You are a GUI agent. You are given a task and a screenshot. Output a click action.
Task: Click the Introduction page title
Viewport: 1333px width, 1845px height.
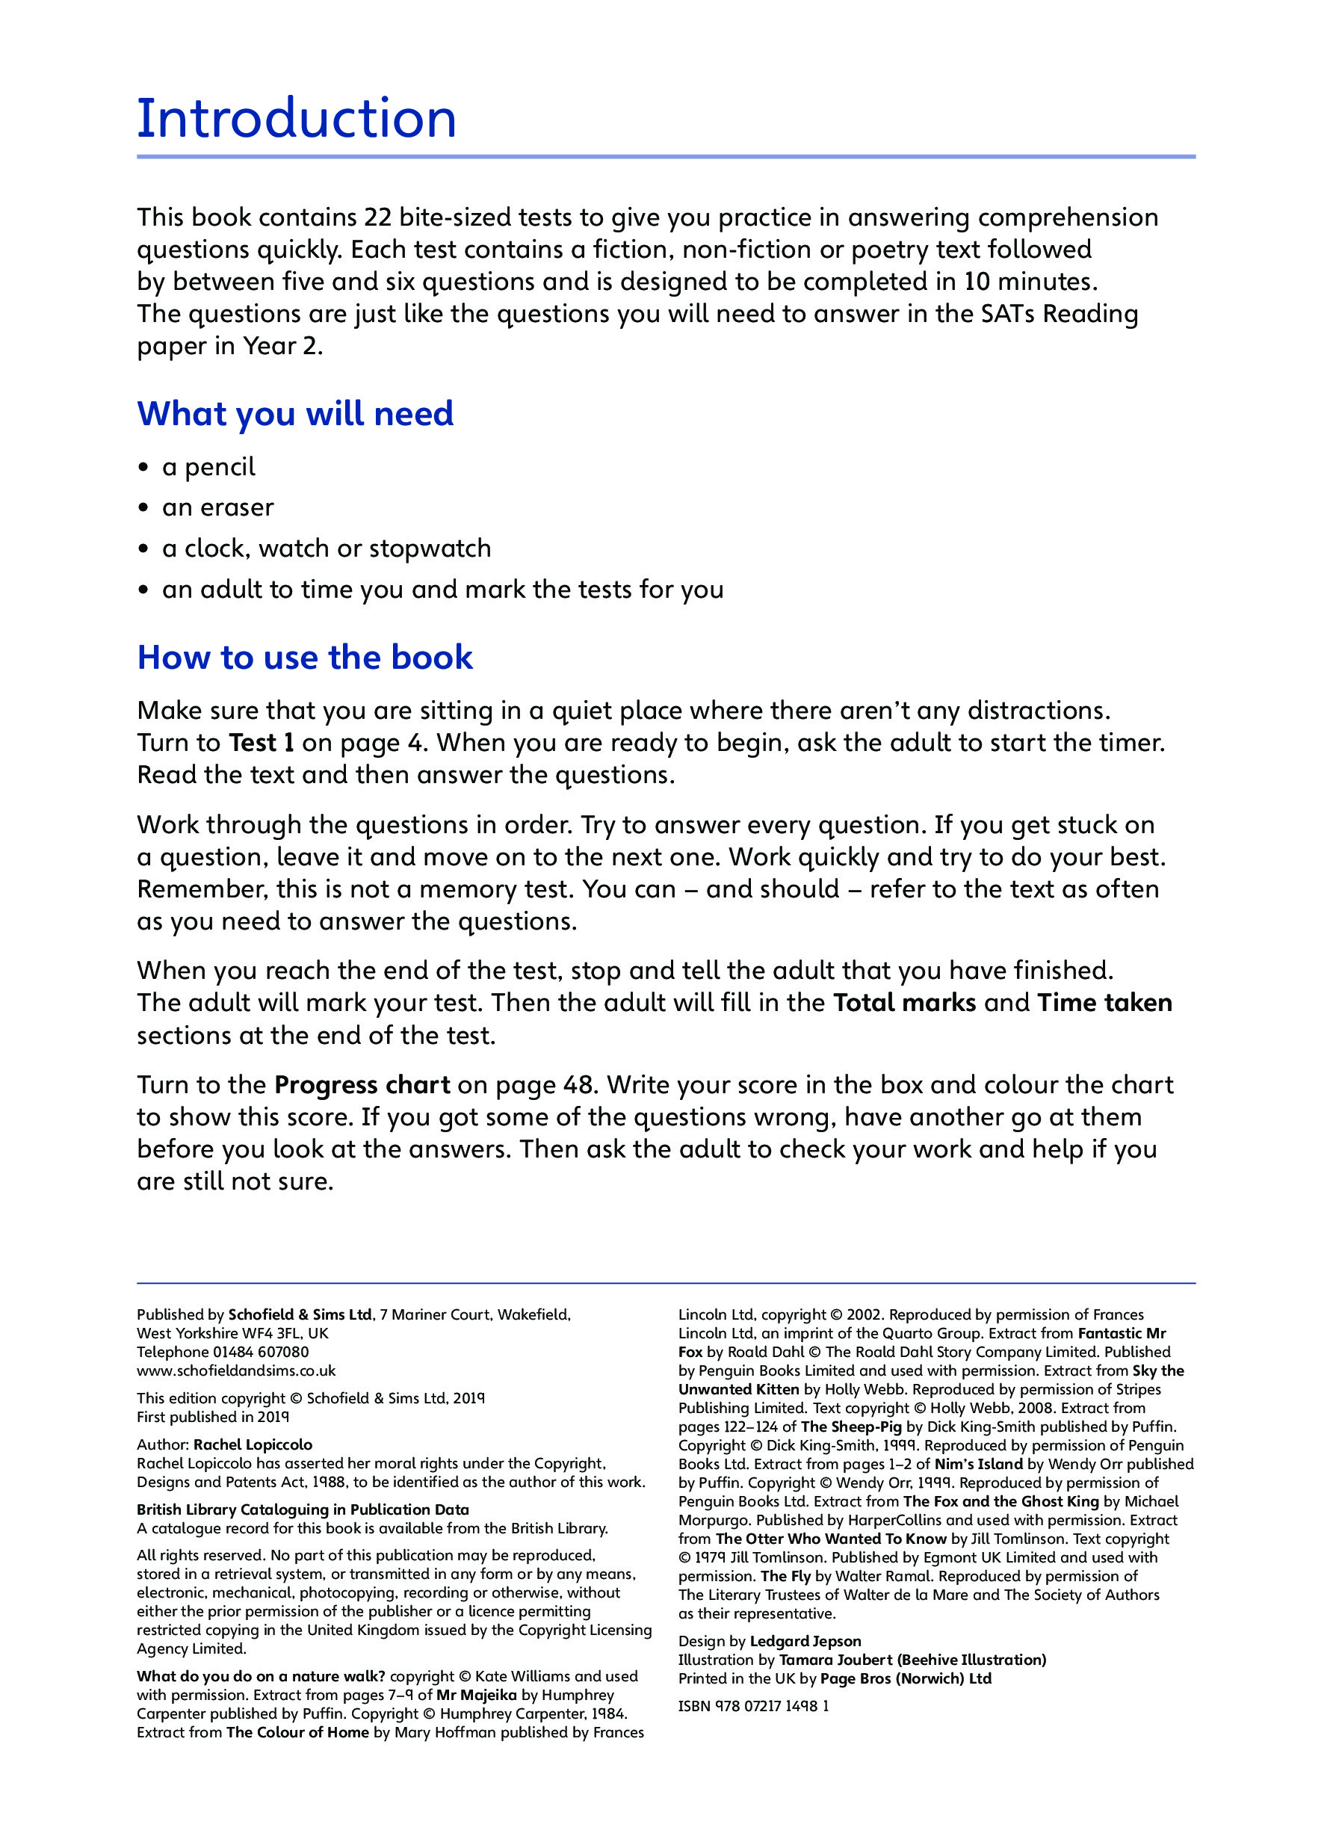click(x=296, y=119)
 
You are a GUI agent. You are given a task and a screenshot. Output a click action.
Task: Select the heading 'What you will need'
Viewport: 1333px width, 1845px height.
click(x=295, y=414)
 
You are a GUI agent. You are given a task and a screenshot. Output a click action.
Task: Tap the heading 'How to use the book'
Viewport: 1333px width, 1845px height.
click(x=305, y=658)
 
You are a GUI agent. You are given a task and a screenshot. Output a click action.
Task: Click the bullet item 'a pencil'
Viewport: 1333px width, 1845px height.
click(x=208, y=467)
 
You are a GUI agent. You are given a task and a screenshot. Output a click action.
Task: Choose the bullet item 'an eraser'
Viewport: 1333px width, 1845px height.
click(x=218, y=507)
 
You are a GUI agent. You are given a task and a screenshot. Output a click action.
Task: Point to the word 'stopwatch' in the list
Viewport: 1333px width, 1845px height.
click(x=430, y=548)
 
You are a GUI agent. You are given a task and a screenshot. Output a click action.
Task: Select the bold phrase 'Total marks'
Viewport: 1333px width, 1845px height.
click(x=903, y=1002)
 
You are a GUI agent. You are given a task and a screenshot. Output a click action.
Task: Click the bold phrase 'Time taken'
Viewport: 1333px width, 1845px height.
click(x=1104, y=1002)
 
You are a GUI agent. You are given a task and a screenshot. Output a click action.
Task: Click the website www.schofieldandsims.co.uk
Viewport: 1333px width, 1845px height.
click(x=236, y=1370)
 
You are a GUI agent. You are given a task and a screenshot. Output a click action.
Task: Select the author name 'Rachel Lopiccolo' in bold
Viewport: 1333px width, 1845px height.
click(x=252, y=1444)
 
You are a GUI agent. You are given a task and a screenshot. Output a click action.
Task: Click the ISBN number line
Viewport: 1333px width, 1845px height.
click(x=753, y=1706)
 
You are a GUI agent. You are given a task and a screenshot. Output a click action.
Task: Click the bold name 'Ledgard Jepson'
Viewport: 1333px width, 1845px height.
click(x=805, y=1642)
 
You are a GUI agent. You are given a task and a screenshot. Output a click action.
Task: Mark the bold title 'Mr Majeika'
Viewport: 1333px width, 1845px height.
click(x=476, y=1696)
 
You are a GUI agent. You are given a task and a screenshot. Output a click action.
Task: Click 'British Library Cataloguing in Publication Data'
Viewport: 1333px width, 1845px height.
click(x=303, y=1509)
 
